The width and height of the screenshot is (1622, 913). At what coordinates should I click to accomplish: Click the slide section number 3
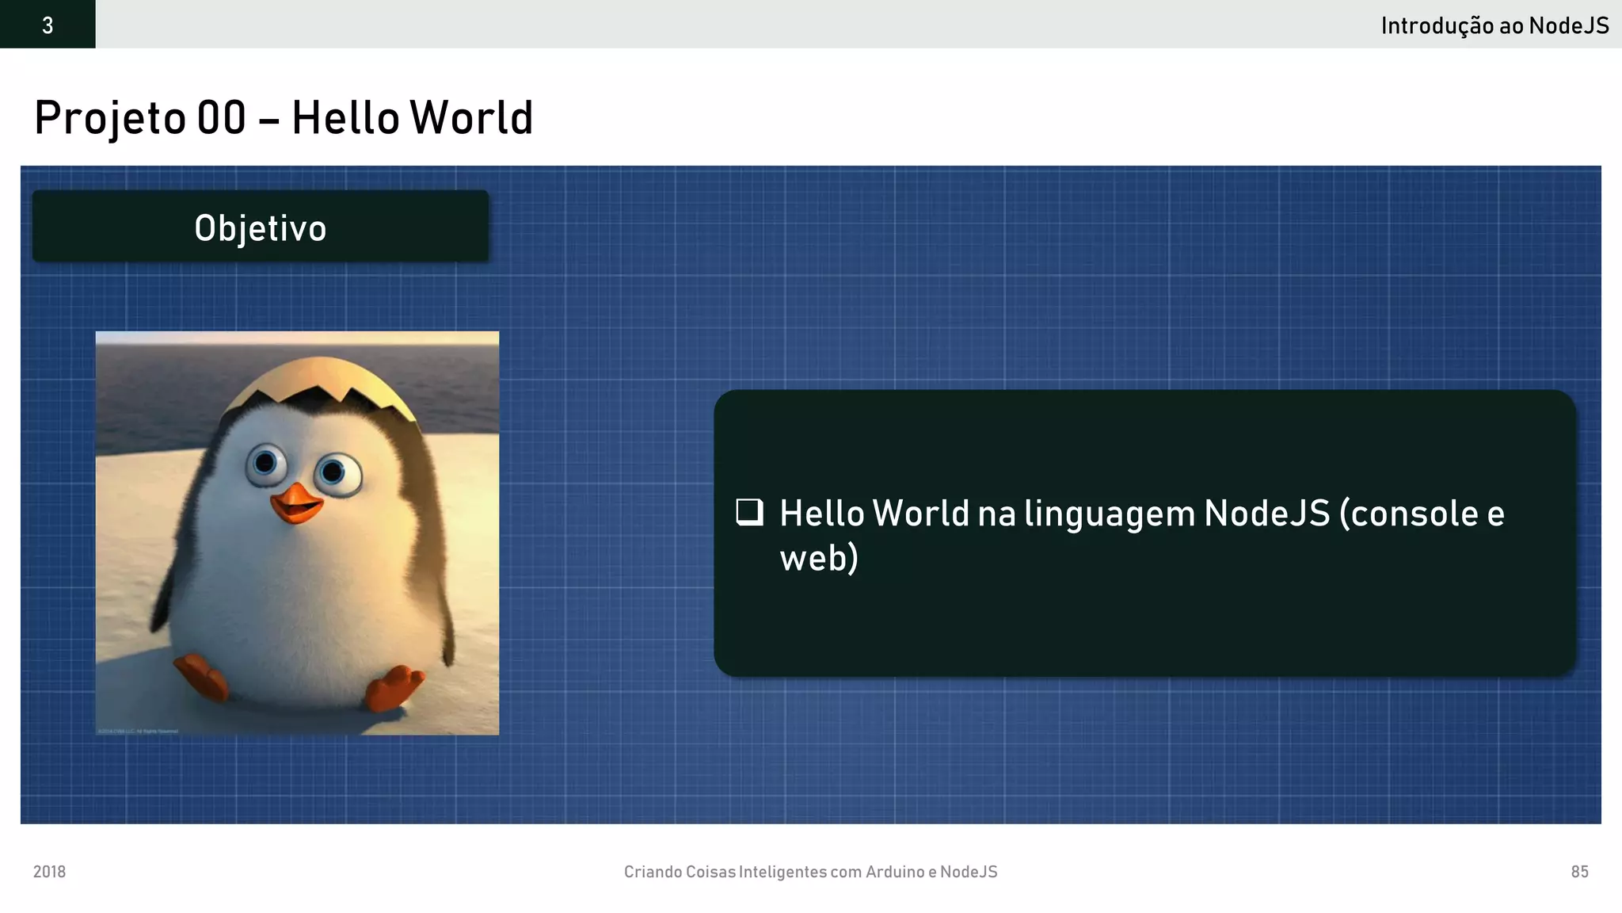point(48,25)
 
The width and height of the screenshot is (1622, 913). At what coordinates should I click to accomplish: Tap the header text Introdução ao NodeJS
point(1494,25)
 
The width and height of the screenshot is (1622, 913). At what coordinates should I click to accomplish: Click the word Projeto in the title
point(110,118)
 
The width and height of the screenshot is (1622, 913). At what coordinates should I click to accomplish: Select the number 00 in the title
point(222,118)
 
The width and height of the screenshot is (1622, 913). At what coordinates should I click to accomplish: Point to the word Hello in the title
point(345,118)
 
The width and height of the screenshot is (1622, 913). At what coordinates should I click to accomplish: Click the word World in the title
point(472,118)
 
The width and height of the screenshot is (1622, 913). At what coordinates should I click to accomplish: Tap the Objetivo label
point(261,228)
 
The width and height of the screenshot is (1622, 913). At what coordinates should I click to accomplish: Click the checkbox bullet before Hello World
point(749,512)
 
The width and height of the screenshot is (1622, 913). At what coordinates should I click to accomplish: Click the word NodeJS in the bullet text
point(1266,513)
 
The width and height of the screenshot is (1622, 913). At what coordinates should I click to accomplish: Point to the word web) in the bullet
point(819,558)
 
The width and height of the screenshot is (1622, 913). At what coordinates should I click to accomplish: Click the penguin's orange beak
point(296,502)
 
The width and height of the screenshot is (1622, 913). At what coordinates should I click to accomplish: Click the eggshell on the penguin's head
point(321,380)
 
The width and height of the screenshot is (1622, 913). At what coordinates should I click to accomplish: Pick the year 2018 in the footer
point(49,872)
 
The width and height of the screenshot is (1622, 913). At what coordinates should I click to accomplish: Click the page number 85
point(1579,872)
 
